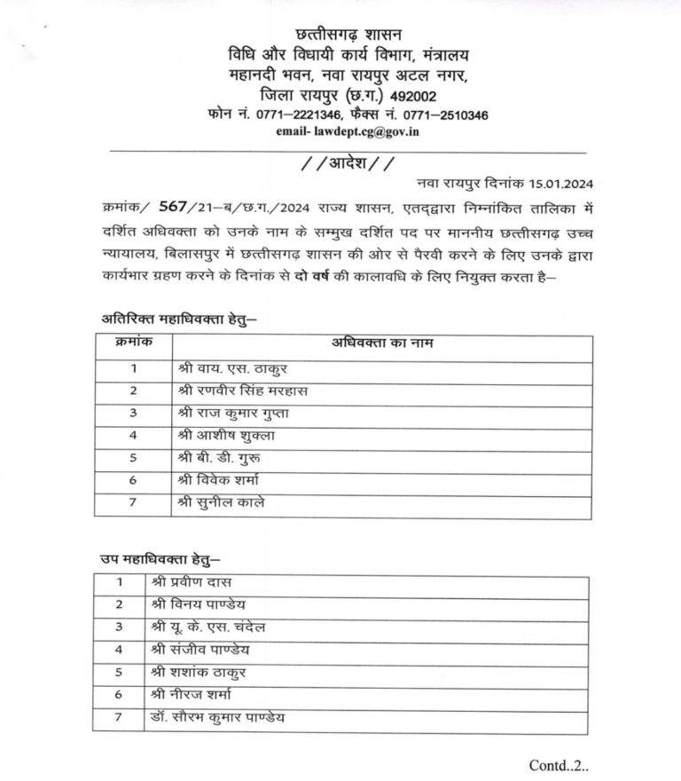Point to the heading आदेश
click(340, 162)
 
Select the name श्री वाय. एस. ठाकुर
click(233, 367)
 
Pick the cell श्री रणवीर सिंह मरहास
click(244, 390)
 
